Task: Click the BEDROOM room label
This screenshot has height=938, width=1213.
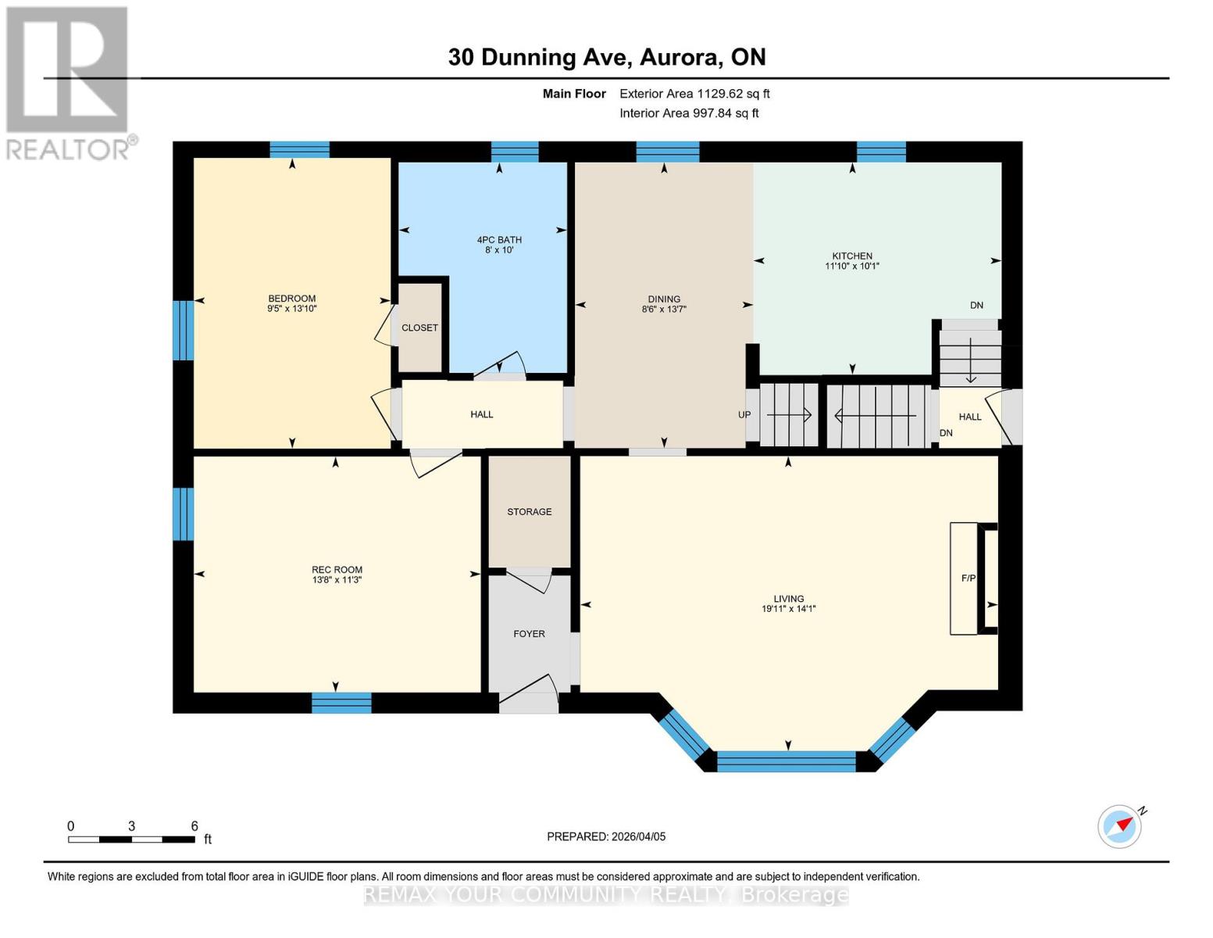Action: (x=291, y=298)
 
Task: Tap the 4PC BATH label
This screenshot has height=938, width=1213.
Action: (x=499, y=240)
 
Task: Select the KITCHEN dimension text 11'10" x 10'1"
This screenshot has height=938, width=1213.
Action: (x=852, y=267)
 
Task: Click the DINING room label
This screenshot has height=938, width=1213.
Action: (x=664, y=299)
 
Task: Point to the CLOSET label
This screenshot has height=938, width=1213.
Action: (x=419, y=328)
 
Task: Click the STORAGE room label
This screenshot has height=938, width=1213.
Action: (x=529, y=511)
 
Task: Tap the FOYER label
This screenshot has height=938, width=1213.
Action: (x=529, y=634)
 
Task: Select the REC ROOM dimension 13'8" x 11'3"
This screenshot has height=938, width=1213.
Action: (x=337, y=581)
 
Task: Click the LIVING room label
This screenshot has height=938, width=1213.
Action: (x=789, y=599)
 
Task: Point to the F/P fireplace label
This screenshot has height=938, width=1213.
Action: (x=968, y=578)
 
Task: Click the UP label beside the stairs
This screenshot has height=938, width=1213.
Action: (x=744, y=415)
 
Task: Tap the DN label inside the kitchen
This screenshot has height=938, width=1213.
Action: (x=976, y=306)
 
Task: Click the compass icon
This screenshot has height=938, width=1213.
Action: (x=1120, y=825)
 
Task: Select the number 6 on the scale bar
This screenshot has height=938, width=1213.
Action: (x=194, y=826)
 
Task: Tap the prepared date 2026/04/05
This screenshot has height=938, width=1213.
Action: (x=638, y=836)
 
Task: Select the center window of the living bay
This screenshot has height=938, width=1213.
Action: (x=787, y=761)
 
